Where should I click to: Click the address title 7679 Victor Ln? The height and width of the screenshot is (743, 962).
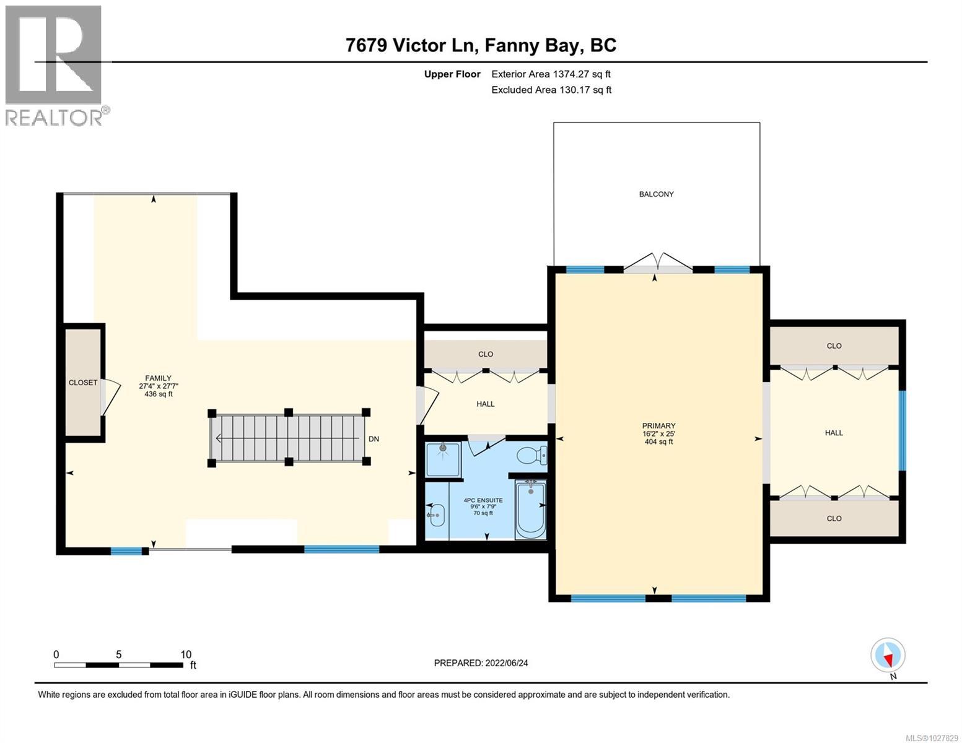(481, 45)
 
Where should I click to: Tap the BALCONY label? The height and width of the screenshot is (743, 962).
(656, 194)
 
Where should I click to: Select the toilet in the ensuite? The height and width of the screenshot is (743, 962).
(532, 456)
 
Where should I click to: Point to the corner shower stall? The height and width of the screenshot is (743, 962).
(443, 459)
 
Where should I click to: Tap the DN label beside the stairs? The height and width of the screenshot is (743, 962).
(374, 439)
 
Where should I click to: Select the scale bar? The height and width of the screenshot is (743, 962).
(118, 665)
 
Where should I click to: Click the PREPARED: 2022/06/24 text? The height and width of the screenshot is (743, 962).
(481, 663)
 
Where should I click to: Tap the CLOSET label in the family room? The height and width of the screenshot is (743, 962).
(83, 383)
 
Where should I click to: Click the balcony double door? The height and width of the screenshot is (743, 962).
(657, 263)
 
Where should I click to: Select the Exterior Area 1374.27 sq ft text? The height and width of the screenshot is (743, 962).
(551, 74)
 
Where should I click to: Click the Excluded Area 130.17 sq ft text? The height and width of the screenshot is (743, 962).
(551, 90)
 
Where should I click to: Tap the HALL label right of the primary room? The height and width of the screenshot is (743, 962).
(834, 433)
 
